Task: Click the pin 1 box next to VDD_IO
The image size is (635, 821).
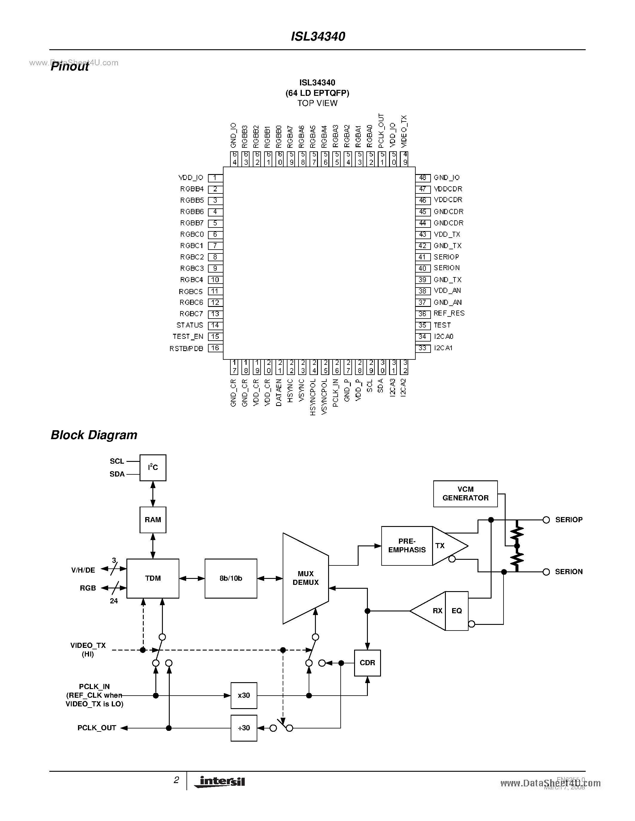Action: (215, 178)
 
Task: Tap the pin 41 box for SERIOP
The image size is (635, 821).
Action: (423, 257)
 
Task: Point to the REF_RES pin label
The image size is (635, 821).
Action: (449, 313)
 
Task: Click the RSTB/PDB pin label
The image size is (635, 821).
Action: (186, 348)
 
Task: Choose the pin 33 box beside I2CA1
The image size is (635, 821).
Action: (423, 348)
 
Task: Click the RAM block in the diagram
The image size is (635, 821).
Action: (153, 520)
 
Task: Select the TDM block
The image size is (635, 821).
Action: (153, 579)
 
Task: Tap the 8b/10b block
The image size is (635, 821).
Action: (231, 579)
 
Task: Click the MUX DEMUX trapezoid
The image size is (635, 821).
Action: (305, 578)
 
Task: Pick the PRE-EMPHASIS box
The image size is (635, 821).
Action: (407, 546)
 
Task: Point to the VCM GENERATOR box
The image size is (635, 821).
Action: (465, 493)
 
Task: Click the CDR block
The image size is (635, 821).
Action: (367, 663)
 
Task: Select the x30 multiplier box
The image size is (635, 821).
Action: (244, 695)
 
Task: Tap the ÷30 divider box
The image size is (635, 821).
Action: (244, 728)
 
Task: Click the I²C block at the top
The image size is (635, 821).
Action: (153, 468)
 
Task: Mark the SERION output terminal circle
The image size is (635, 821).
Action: (546, 572)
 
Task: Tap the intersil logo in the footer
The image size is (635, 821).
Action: (220, 782)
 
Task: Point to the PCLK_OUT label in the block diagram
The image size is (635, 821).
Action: (97, 728)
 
